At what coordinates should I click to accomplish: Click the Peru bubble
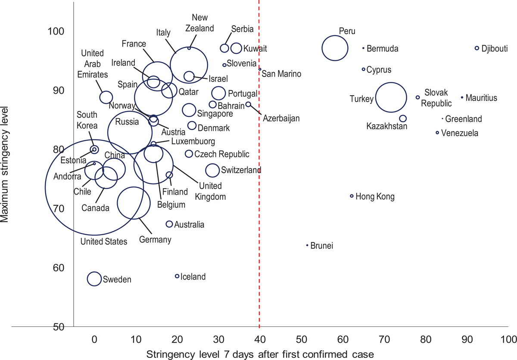[334, 48]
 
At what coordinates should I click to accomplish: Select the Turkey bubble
[391, 98]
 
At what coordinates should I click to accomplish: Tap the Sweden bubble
[94, 279]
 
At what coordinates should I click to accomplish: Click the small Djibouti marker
[477, 48]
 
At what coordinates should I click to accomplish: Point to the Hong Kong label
[375, 197]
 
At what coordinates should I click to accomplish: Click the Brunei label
[322, 246]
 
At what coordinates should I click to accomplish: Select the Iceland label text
[193, 277]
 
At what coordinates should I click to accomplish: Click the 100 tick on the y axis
[56, 31]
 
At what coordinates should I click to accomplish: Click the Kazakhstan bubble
[403, 118]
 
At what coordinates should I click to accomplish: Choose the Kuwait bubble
[236, 48]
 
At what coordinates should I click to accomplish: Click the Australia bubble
[169, 224]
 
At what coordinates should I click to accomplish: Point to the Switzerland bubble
[212, 171]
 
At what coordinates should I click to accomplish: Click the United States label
[104, 242]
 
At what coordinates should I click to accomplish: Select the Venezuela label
[461, 133]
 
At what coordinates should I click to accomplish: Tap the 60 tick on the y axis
[58, 268]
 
